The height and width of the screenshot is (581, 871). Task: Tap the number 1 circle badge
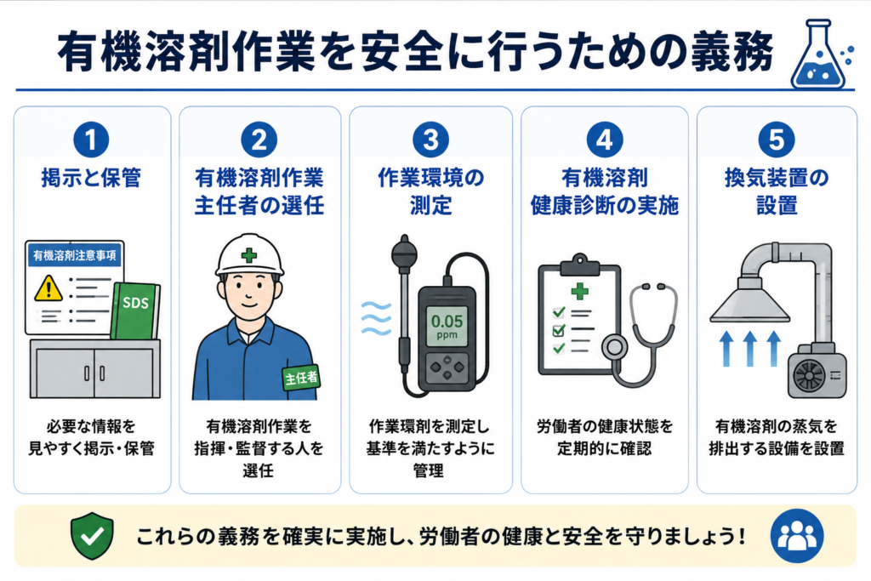[x=91, y=140]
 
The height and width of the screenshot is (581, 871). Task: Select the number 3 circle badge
[x=430, y=140]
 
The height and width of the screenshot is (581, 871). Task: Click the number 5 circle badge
[x=776, y=140]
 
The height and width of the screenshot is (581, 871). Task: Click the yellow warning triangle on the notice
[x=48, y=288]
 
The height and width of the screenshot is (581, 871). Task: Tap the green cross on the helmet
[x=249, y=255]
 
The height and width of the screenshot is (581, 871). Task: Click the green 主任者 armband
[x=301, y=379]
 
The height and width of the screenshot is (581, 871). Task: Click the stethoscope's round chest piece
[x=615, y=348]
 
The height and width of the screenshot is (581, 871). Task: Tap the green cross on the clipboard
[x=579, y=291]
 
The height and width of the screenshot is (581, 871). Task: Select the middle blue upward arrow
[x=749, y=348]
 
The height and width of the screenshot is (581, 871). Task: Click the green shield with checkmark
[x=92, y=535]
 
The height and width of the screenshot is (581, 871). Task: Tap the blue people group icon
[x=797, y=536]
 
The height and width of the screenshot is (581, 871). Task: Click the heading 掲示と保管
[x=91, y=179]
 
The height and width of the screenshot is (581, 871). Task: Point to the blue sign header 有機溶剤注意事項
[x=75, y=255]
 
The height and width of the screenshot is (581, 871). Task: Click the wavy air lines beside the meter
[x=376, y=318]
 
